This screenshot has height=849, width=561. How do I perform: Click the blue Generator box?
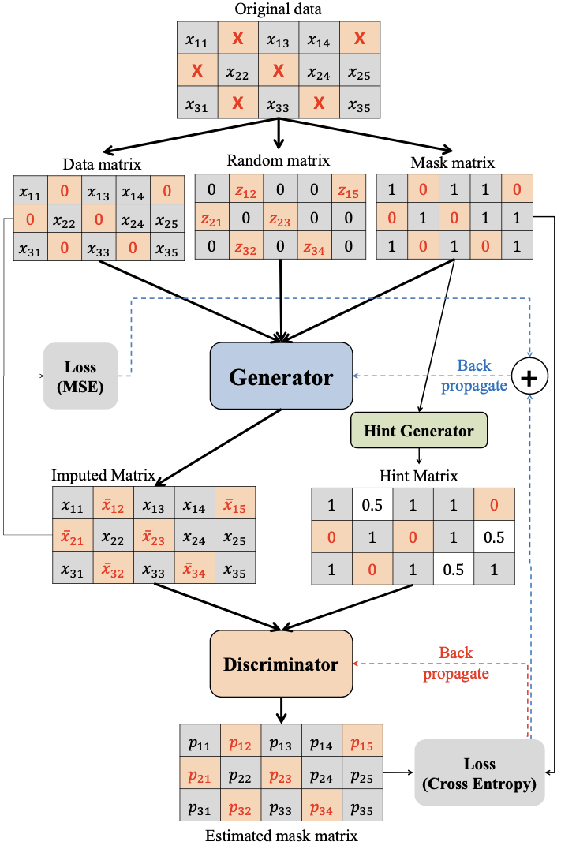pos(281,376)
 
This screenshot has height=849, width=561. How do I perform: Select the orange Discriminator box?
pos(281,664)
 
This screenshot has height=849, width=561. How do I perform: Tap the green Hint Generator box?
pos(419,431)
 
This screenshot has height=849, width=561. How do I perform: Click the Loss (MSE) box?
pos(80,376)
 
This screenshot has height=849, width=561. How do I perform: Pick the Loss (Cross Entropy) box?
pos(479,772)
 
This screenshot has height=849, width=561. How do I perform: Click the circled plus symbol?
pos(529,376)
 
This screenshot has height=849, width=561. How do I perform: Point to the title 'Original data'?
pos(278,9)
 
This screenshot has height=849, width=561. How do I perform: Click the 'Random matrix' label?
pos(279,161)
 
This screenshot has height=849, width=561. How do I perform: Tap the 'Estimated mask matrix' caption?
pos(282,836)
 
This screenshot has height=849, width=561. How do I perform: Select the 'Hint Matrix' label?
pos(419,476)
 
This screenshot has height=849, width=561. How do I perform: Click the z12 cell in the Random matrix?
pos(246,189)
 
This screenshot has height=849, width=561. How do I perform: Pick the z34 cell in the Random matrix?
pos(314,247)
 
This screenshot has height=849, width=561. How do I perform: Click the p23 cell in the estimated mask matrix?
pos(281,772)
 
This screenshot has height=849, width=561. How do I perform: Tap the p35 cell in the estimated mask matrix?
pos(362,805)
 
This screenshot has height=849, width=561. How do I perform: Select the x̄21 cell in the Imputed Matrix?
pos(73,536)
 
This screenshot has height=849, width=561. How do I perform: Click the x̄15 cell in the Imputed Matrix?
pos(235,504)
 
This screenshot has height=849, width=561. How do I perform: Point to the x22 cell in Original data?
pos(237,70)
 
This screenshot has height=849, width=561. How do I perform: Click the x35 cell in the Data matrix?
pos(166,248)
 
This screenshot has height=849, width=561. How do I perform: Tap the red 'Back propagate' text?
pos(456,664)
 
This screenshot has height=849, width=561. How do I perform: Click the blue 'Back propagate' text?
pos(474,376)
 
